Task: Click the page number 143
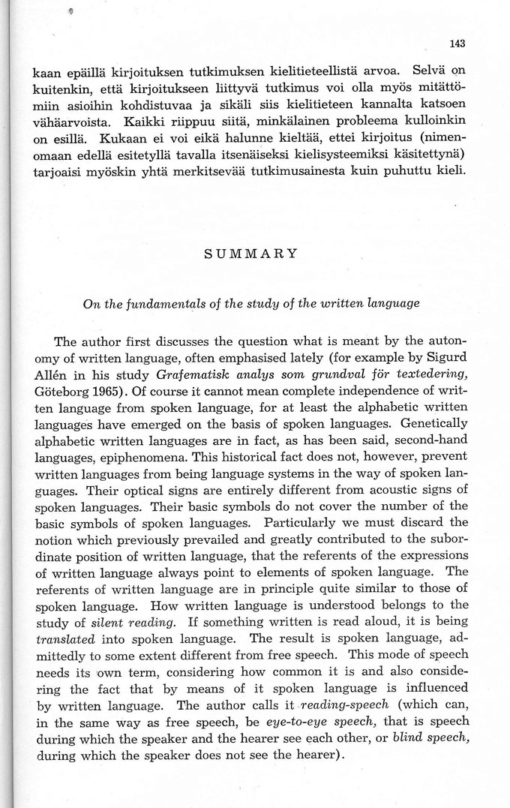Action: point(458,44)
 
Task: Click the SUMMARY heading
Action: point(250,254)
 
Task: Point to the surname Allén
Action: point(51,377)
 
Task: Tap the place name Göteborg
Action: point(61,392)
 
